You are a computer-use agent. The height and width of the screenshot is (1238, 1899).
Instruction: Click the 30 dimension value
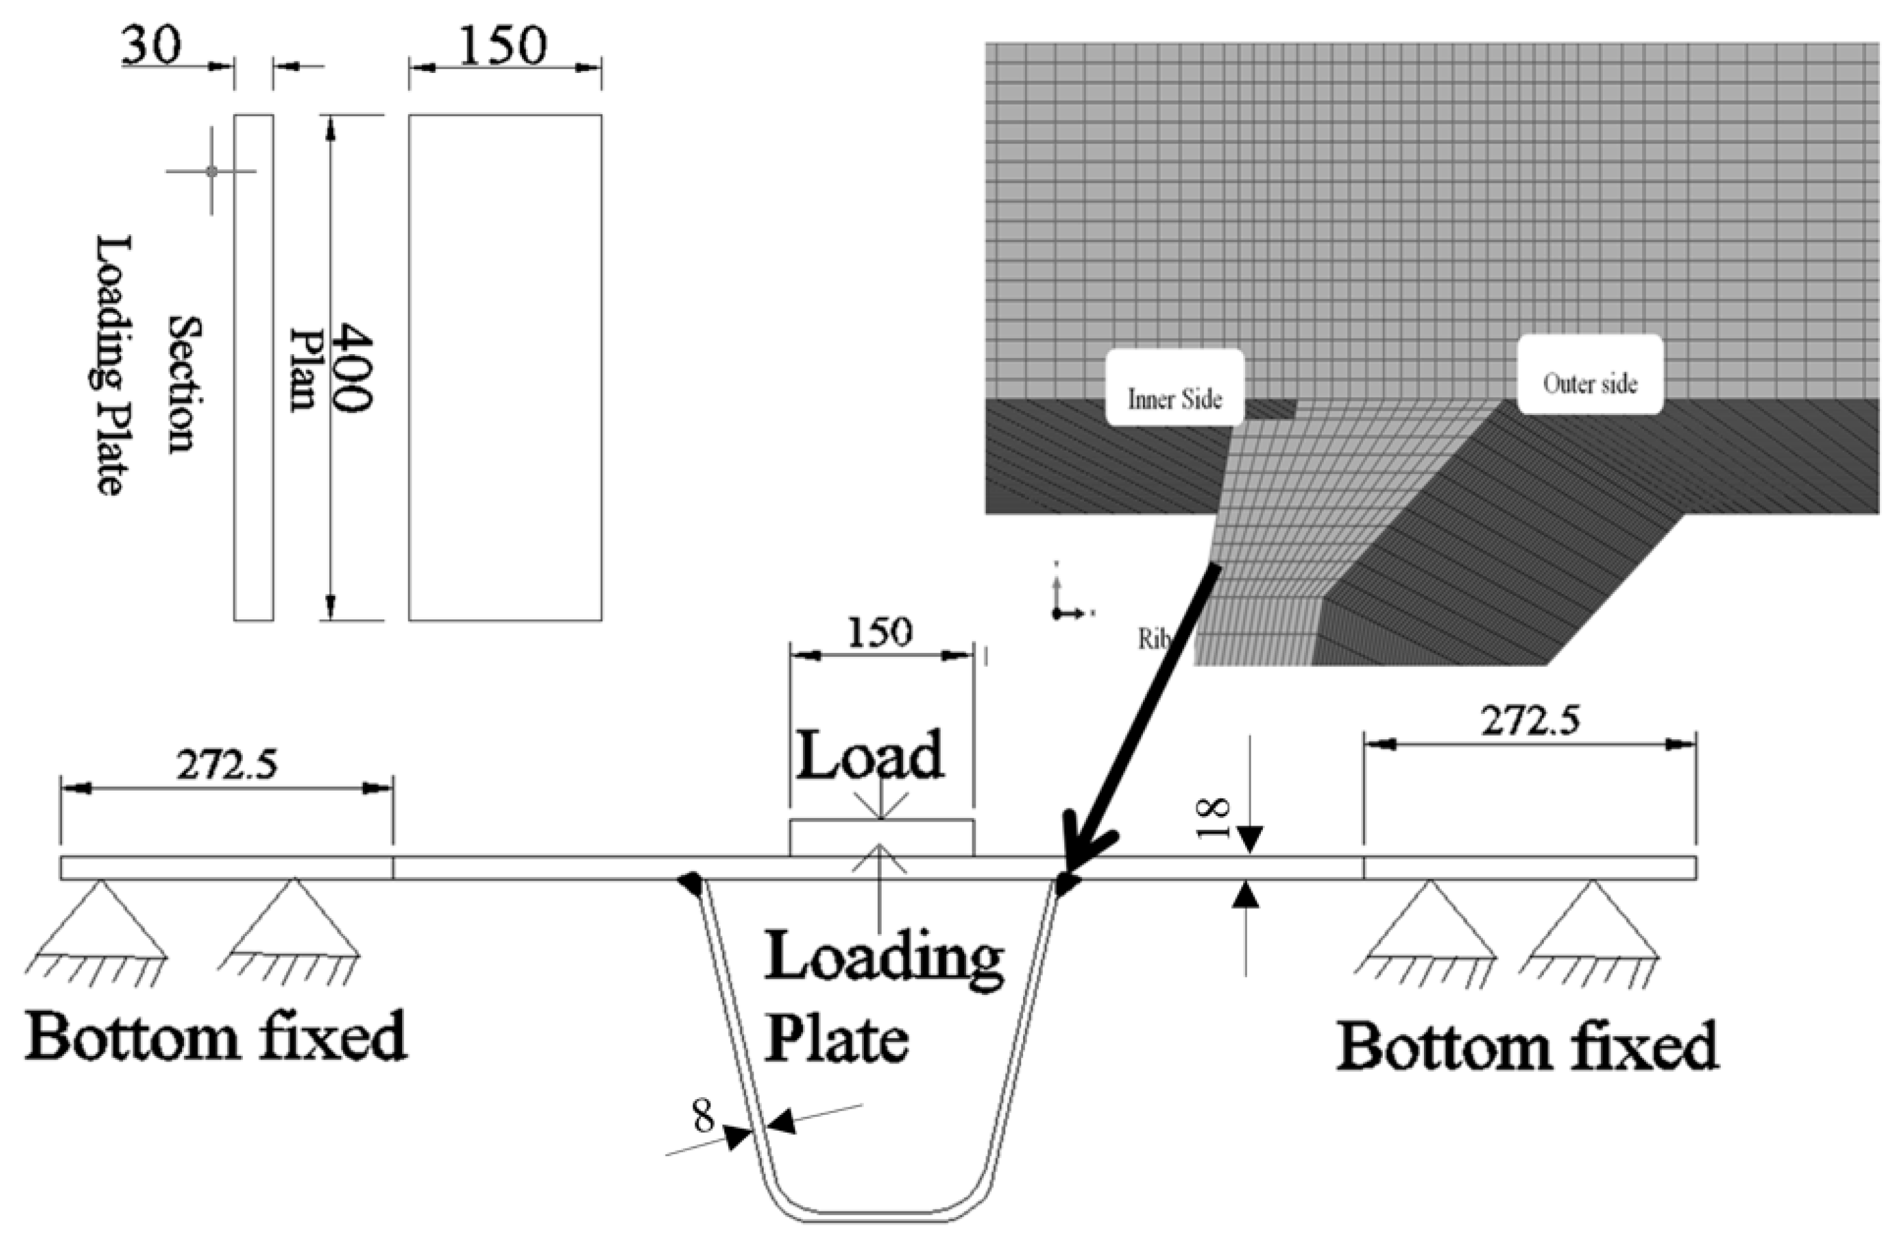(152, 46)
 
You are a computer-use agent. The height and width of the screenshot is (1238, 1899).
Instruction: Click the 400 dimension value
(351, 367)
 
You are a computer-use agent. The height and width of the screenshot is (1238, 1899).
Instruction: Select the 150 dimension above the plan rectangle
(504, 46)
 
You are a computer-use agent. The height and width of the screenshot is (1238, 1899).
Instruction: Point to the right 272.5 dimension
(1530, 721)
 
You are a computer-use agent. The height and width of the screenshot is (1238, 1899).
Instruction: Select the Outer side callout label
(1589, 384)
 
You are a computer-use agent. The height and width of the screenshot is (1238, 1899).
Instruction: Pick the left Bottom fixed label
(216, 1037)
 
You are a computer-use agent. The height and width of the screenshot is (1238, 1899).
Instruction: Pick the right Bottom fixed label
(1527, 1046)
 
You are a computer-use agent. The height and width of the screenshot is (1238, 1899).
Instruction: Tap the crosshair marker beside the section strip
(211, 171)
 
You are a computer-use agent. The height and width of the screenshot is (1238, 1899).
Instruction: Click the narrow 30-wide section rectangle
(254, 367)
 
